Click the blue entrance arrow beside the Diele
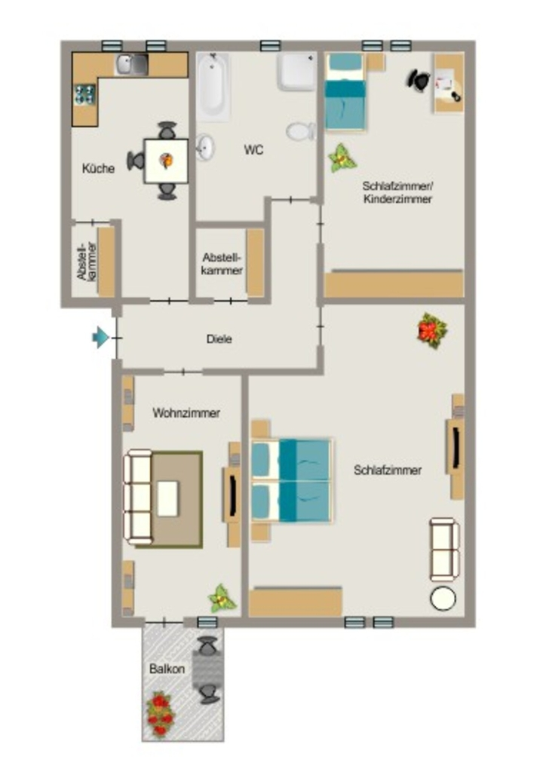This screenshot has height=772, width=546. tap(101, 338)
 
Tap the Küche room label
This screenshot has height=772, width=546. tap(99, 168)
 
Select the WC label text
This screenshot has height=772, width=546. tap(253, 150)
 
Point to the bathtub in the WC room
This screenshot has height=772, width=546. tap(213, 87)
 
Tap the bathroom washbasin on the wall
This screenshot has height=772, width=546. tap(205, 147)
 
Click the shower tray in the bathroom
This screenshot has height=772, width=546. tap(296, 72)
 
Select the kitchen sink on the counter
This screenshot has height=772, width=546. tap(131, 65)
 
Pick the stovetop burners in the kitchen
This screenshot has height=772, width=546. tap(84, 94)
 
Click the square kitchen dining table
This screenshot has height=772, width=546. tap(166, 161)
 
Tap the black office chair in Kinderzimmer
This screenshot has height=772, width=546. tap(419, 80)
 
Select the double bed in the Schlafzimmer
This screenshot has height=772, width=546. tap(291, 480)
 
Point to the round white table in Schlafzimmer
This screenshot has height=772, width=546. tap(443, 599)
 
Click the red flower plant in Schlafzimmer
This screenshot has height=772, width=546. tap(432, 330)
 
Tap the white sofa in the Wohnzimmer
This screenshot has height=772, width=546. tap(137, 497)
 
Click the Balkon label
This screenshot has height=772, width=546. tap(167, 669)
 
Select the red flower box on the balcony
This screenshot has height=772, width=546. tap(161, 715)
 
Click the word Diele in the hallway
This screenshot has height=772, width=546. tap(219, 339)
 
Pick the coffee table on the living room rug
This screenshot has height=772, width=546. tap(167, 498)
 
